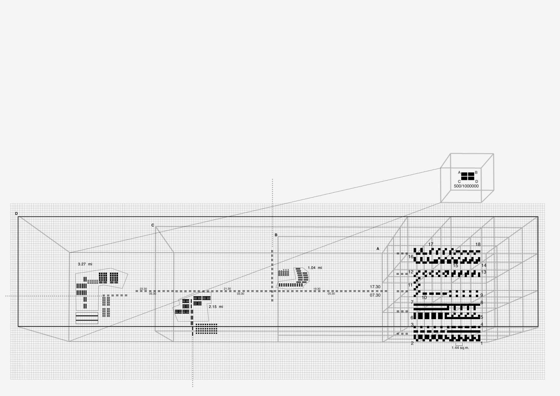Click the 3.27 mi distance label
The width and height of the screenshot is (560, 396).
tap(85, 264)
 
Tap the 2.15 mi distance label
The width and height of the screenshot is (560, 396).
tap(216, 307)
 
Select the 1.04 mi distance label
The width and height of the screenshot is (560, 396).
tap(315, 268)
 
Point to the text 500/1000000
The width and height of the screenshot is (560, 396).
tap(466, 186)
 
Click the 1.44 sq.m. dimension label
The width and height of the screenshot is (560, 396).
tap(460, 348)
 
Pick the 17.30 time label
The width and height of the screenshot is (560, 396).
tap(375, 287)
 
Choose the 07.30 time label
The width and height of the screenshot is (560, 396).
tap(375, 295)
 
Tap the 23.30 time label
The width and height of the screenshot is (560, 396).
tap(143, 289)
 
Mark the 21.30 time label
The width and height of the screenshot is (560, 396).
tap(227, 289)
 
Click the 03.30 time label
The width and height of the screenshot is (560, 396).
tap(240, 294)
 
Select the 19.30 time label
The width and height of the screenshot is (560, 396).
tap(317, 289)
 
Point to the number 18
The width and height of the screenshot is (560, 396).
tap(478, 245)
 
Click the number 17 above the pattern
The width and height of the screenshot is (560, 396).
tap(430, 244)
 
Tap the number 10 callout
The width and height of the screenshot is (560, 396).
tap(424, 298)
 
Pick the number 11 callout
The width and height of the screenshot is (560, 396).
tap(410, 285)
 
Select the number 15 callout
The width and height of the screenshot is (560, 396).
tap(455, 266)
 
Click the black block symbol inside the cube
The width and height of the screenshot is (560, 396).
tap(467, 176)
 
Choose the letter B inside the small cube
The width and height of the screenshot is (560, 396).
tap(476, 173)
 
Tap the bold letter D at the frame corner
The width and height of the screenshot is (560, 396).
tap(16, 214)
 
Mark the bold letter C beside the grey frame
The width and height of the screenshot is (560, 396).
tap(153, 225)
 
